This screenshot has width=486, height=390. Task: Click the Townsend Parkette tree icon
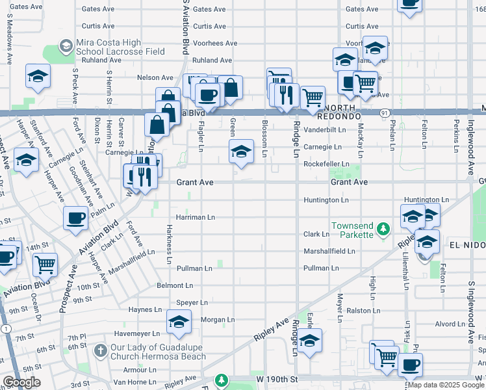[x=383, y=228]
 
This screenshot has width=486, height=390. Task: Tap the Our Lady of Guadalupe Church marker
[x=99, y=351]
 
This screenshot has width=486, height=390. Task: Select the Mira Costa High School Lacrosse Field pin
[x=66, y=46]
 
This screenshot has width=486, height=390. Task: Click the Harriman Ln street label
[x=195, y=216]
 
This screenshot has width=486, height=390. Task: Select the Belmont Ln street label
[x=175, y=285]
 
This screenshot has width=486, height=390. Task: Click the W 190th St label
[x=277, y=378]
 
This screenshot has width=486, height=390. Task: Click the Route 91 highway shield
[x=385, y=112]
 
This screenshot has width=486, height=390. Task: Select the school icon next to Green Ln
[x=241, y=152]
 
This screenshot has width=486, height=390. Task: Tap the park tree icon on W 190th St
[x=222, y=380]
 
